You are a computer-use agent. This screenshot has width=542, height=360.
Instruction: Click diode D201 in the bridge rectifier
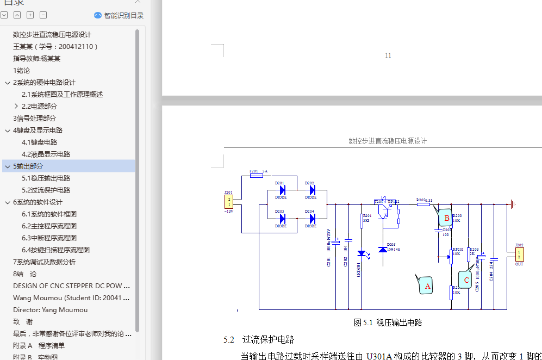click(x=282, y=190)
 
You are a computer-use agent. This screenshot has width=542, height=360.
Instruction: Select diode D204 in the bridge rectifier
click(x=312, y=218)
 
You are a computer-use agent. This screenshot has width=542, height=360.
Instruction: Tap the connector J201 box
click(x=229, y=202)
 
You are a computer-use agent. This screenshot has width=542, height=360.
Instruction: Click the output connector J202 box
click(x=519, y=254)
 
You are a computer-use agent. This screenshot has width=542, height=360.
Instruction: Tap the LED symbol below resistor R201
click(x=362, y=253)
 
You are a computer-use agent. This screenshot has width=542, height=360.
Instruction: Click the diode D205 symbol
click(x=383, y=250)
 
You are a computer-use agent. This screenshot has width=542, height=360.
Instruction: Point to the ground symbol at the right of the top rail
click(x=512, y=204)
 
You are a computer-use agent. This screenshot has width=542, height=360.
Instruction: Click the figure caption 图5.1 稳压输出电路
click(x=388, y=322)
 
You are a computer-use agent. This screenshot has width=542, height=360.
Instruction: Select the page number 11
click(x=388, y=55)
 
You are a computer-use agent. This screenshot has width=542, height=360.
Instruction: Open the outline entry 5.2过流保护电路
click(x=46, y=190)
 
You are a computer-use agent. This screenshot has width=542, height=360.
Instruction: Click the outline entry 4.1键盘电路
click(x=39, y=142)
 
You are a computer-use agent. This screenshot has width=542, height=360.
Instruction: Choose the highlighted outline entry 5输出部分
click(x=28, y=166)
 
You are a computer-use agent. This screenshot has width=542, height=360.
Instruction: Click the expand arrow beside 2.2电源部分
click(x=16, y=107)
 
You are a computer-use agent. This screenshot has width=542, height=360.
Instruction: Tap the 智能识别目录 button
click(x=119, y=15)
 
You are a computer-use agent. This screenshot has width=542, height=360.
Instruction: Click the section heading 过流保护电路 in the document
click(x=268, y=340)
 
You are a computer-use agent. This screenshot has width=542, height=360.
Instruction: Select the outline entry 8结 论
click(x=25, y=274)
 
